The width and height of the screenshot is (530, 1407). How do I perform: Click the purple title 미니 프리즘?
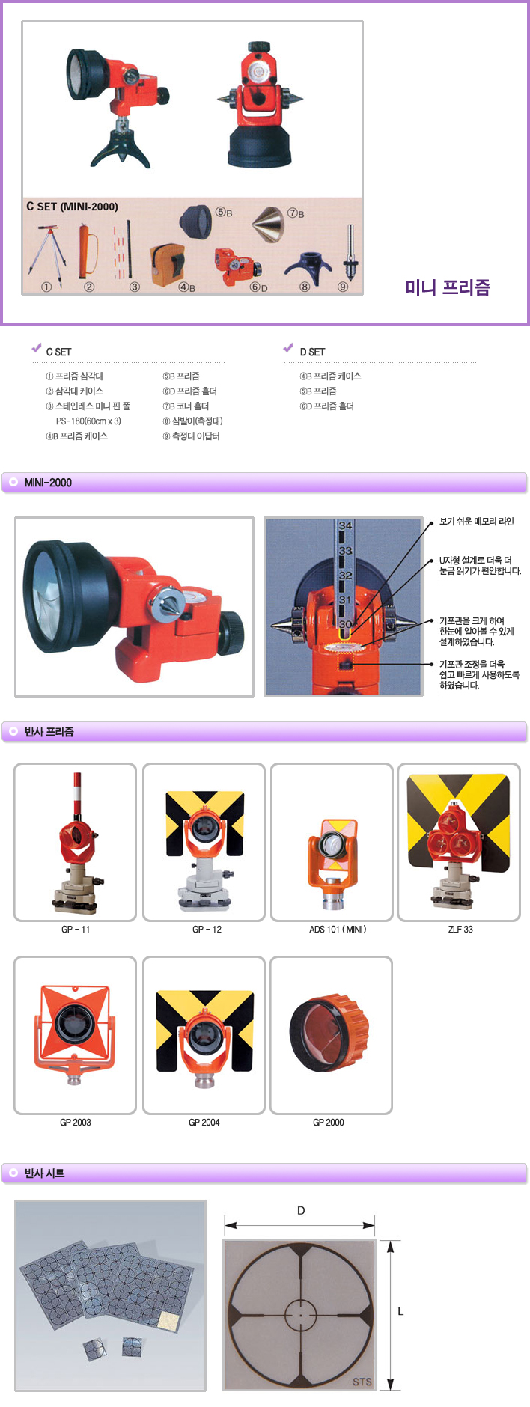448,287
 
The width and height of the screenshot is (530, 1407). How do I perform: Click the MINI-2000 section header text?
48,483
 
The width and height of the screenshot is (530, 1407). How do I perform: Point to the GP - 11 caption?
76,930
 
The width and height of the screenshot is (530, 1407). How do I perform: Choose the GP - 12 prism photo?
204,842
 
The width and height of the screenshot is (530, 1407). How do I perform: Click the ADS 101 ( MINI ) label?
338,930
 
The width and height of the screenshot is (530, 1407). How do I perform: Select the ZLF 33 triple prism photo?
459,842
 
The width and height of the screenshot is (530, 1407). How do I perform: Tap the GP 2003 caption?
76,1123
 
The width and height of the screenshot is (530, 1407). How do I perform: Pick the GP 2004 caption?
204,1123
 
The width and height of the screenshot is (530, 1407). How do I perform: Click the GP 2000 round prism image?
329,1033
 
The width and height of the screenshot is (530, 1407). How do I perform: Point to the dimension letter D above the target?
301,1210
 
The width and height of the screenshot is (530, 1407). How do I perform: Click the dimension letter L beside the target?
400,1311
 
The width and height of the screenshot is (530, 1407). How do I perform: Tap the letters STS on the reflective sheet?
362,1382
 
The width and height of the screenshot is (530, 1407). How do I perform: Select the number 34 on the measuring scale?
345,525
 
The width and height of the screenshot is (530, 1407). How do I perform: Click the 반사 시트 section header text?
44,1173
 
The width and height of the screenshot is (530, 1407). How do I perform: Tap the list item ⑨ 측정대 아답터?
192,436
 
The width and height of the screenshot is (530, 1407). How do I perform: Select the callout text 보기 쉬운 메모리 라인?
477,522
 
